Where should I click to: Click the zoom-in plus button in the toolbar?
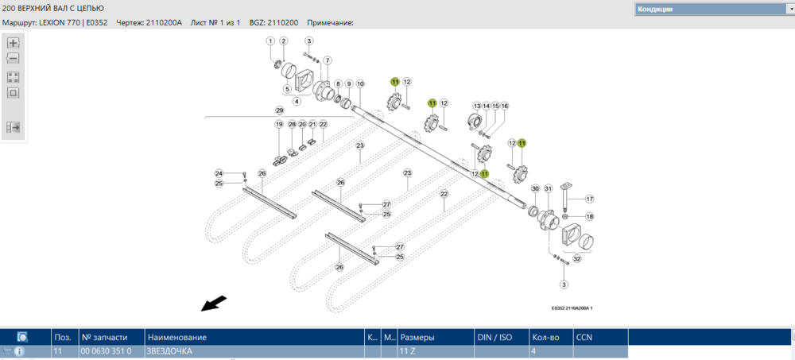[14, 43]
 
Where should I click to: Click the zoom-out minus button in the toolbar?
[14, 58]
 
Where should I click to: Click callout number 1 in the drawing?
[270, 41]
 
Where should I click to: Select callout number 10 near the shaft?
[360, 83]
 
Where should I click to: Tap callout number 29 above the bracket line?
[279, 110]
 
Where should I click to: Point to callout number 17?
[589, 199]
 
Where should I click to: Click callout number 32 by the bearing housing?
[577, 259]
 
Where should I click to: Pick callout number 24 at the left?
[219, 173]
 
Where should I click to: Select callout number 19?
[279, 125]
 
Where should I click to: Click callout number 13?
[478, 106]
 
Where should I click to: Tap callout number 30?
[535, 188]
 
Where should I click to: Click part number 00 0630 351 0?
[106, 350]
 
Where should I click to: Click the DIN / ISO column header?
[494, 337]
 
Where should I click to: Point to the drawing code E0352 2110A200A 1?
[572, 308]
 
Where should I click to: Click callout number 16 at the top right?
[504, 106]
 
